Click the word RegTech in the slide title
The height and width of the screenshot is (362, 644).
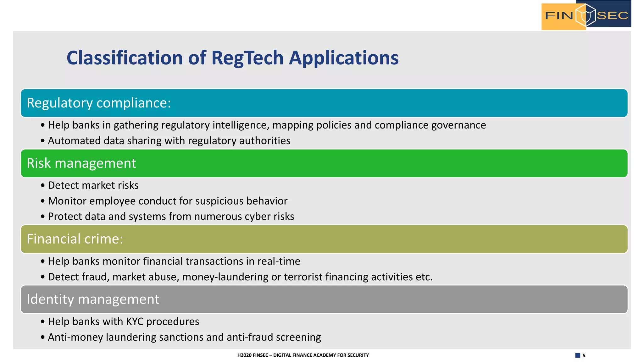pos(247,58)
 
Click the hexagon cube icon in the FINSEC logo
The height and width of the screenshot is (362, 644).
pos(585,15)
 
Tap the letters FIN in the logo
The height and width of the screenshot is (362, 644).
pos(559,15)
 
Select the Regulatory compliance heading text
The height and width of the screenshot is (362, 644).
pos(99,103)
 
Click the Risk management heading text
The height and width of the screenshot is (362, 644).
pos(81,163)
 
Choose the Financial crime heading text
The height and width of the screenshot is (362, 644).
pos(75,239)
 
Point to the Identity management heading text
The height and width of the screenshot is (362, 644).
pos(93,299)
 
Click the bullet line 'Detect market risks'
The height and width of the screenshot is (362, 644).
pos(93,185)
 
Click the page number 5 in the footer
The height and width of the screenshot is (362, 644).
pos(584,355)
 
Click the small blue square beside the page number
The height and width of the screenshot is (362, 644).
pos(578,355)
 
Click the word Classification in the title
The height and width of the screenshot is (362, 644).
pos(125,58)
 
